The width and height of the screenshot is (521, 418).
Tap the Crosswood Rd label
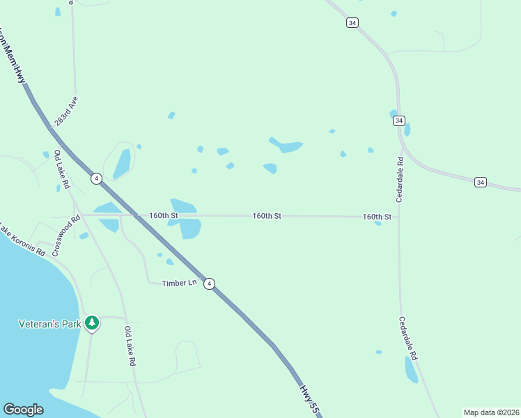(66, 235)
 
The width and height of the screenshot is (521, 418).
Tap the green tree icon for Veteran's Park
(91, 323)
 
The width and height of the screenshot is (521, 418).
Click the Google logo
(23, 410)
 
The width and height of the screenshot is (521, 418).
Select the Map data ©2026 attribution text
(491, 412)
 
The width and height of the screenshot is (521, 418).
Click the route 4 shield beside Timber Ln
(209, 284)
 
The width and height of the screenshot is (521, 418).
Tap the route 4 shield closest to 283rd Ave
(96, 178)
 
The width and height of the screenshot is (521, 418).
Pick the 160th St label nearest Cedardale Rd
(377, 217)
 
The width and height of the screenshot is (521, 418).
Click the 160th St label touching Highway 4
(164, 216)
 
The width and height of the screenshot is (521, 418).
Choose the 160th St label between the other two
(267, 217)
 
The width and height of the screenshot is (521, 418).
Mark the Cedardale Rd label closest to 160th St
(401, 180)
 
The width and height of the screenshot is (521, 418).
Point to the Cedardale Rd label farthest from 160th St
(407, 339)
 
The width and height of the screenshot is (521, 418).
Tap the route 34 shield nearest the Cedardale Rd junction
(398, 121)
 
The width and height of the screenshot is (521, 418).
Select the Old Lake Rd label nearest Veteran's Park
(130, 346)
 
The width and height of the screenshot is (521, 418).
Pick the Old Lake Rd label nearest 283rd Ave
(62, 169)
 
